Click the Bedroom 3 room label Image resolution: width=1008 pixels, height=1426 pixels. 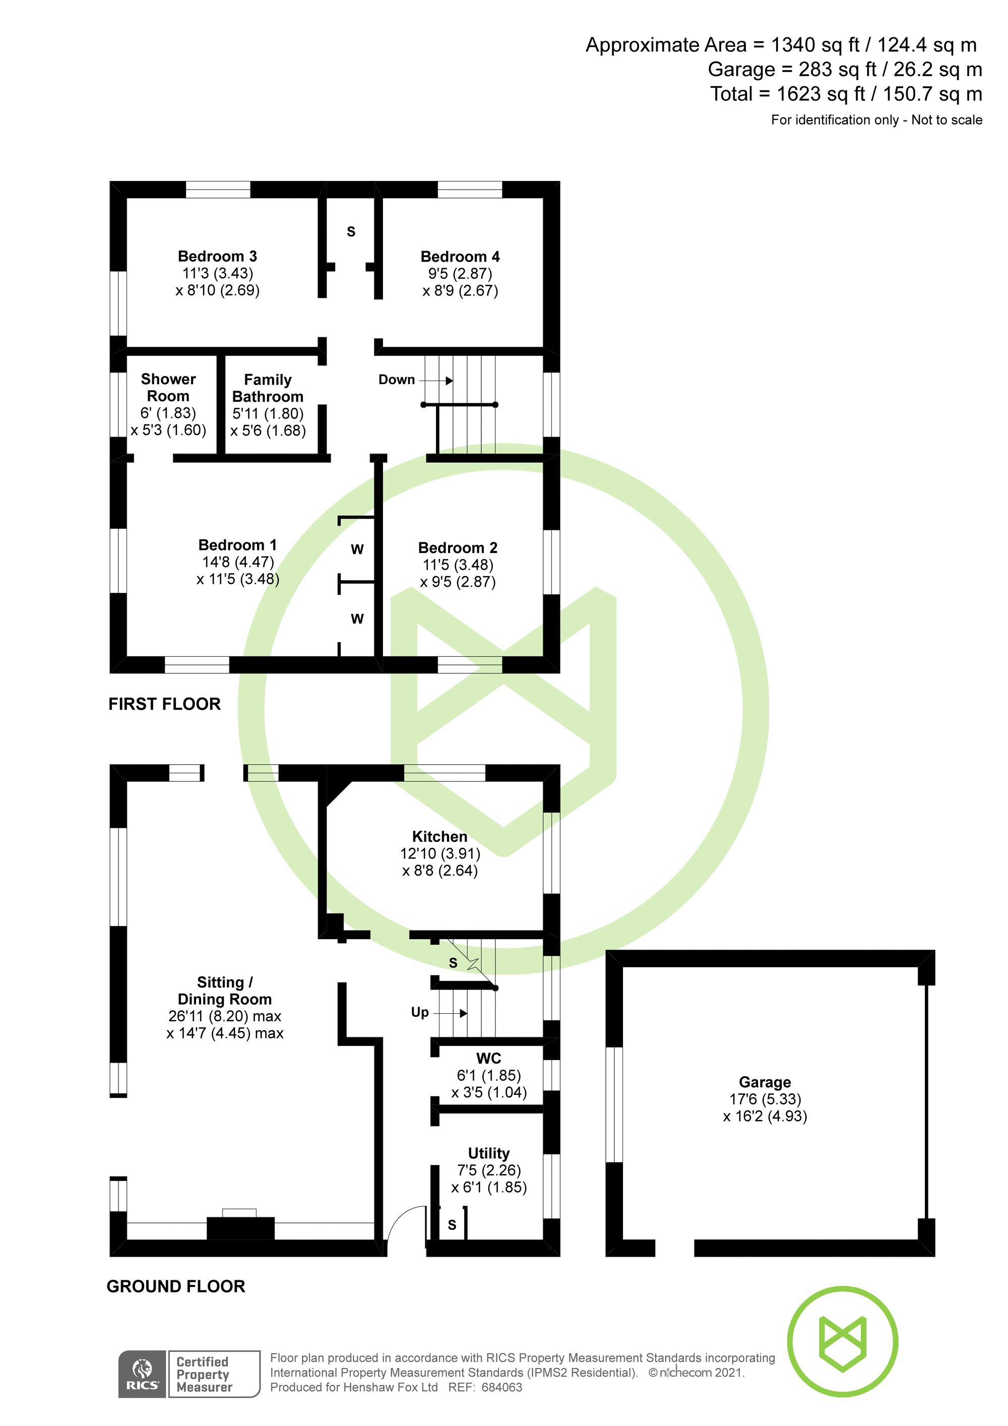click(x=217, y=257)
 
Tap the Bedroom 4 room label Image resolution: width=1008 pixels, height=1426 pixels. click(x=460, y=257)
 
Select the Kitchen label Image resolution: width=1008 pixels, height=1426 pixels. click(x=439, y=837)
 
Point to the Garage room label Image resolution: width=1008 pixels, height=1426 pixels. click(x=765, y=1082)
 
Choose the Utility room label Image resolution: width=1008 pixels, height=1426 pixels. click(x=488, y=1153)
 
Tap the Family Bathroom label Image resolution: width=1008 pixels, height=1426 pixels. click(x=268, y=388)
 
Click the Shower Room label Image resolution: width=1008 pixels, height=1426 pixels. click(x=168, y=388)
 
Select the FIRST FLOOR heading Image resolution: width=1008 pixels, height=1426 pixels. click(x=165, y=704)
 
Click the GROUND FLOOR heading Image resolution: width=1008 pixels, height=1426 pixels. click(x=176, y=1286)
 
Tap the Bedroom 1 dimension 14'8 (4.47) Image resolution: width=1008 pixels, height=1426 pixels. click(x=238, y=562)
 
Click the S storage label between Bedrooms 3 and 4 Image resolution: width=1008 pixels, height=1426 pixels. click(x=351, y=232)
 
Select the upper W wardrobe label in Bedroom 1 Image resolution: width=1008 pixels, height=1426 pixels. click(x=357, y=549)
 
